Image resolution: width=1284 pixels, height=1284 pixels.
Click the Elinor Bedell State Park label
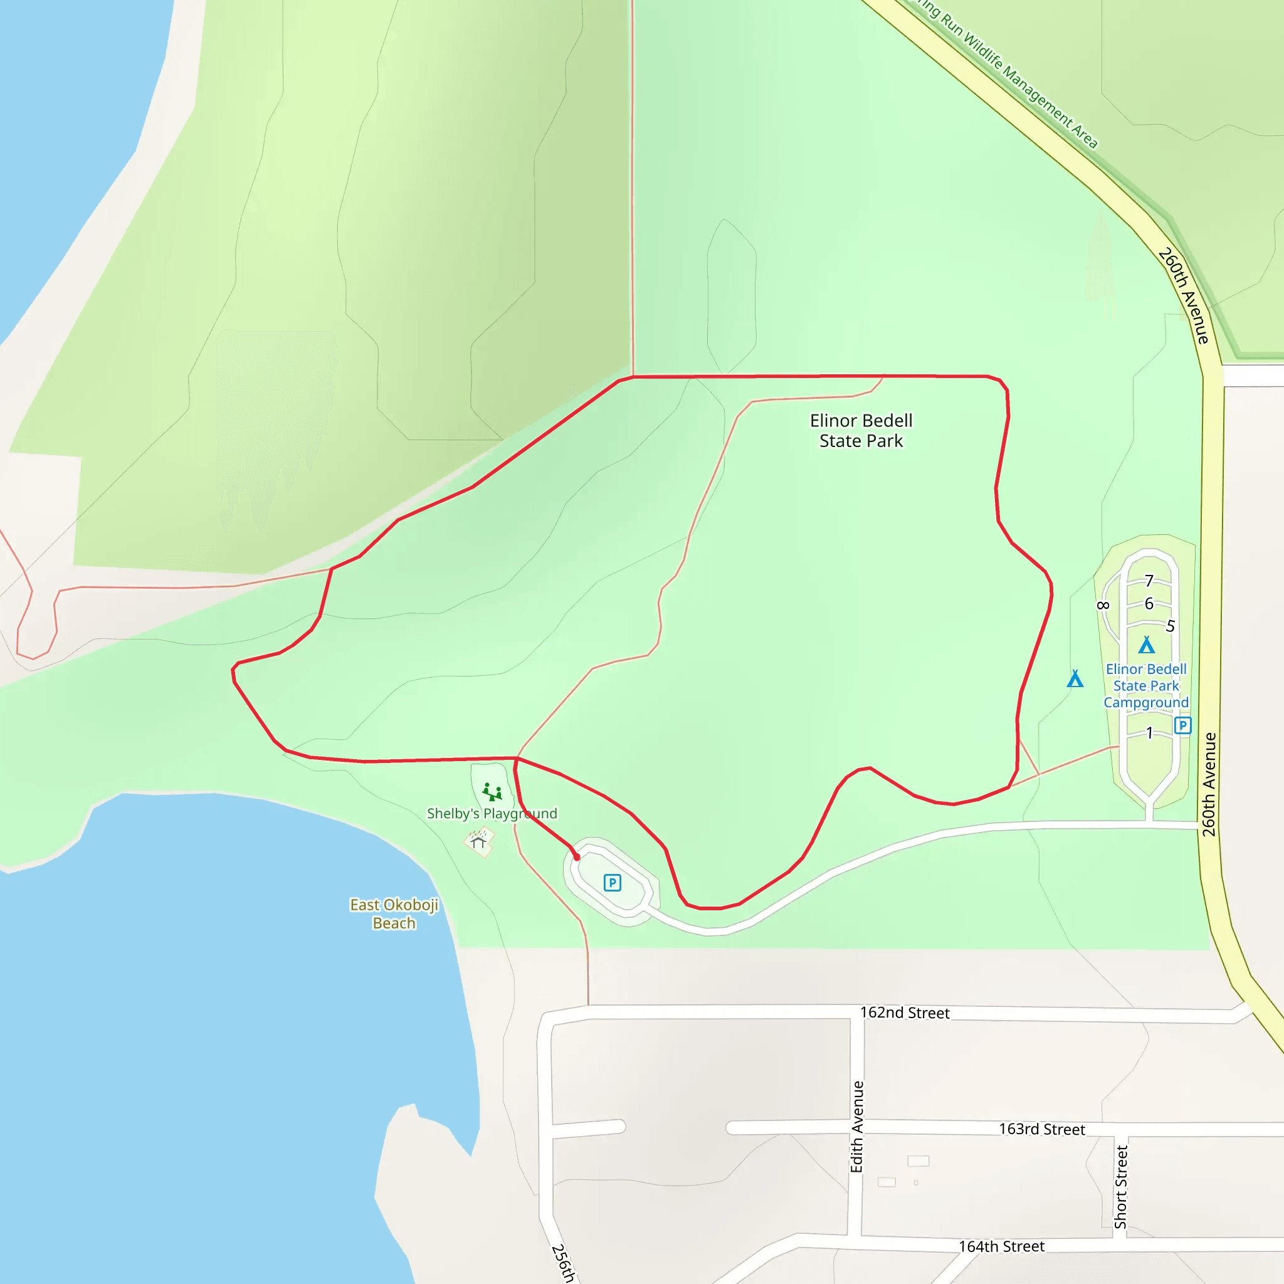point(861,431)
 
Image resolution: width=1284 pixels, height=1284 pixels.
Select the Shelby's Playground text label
point(492,813)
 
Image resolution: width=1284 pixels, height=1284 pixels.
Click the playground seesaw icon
point(492,792)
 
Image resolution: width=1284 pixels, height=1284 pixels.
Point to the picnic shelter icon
point(478,841)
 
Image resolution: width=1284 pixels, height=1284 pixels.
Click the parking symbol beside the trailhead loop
point(612,883)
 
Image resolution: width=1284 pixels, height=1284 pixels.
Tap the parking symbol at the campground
point(1182,725)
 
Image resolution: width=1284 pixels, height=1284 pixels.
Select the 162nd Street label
point(905,1013)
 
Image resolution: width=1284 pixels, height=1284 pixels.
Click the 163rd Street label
point(1041,1129)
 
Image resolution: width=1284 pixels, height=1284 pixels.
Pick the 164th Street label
point(1001,1246)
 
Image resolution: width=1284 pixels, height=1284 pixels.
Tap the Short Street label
point(1121,1187)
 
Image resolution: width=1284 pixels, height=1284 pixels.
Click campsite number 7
point(1149,581)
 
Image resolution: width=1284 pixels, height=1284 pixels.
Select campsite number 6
point(1149,604)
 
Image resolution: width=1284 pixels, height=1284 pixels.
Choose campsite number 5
point(1171,626)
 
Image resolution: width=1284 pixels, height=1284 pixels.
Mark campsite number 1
point(1149,733)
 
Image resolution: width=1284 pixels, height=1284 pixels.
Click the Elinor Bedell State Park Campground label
point(1146,686)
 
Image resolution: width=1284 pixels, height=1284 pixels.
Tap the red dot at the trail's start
point(577,857)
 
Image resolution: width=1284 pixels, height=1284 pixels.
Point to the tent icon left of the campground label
point(1075,678)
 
